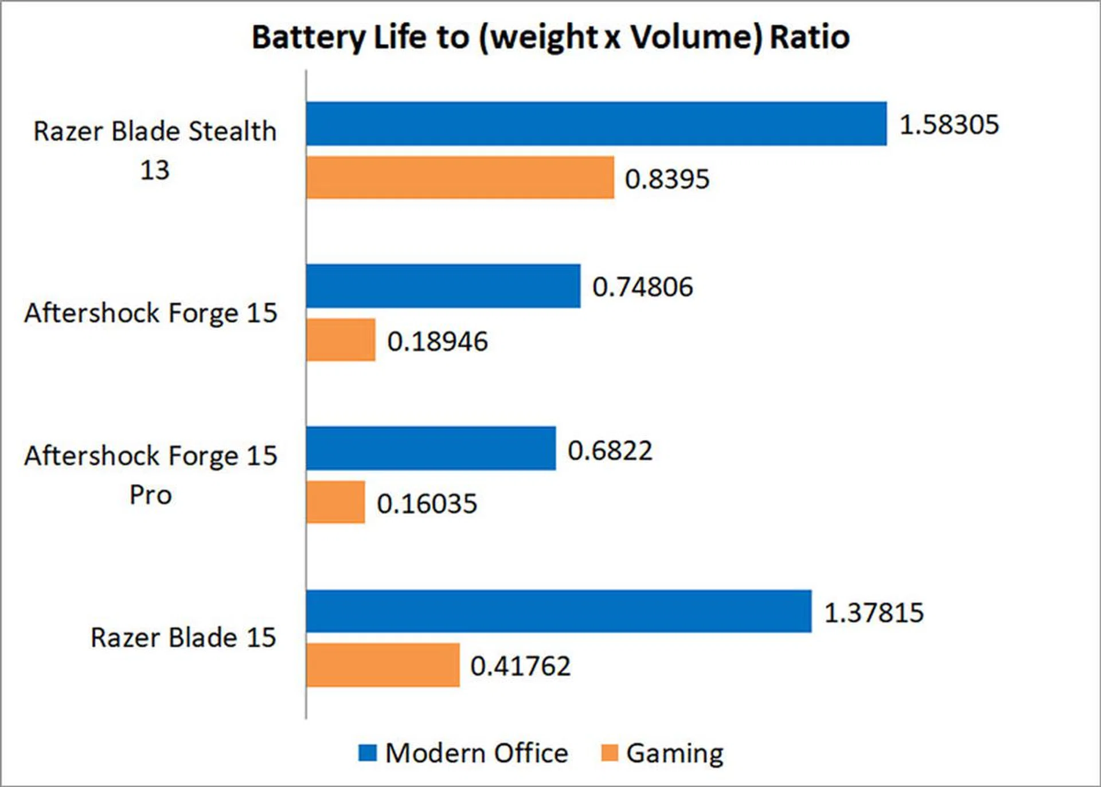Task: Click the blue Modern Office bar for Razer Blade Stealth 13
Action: click(596, 124)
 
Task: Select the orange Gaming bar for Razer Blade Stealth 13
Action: click(460, 178)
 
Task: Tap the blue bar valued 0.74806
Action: click(443, 286)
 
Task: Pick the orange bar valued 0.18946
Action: click(341, 340)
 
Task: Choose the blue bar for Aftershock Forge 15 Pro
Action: click(431, 448)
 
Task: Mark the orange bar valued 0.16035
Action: click(335, 502)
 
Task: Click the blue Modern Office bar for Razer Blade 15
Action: click(559, 611)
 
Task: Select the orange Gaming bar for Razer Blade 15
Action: click(382, 665)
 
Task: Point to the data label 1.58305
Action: click(949, 125)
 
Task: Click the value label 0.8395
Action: click(667, 179)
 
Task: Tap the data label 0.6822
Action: click(610, 451)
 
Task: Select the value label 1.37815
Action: click(874, 613)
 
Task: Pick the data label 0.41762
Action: click(520, 666)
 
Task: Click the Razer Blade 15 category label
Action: click(183, 637)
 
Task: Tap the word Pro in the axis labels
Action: click(150, 495)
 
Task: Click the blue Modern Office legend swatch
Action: click(368, 753)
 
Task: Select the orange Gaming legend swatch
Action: click(609, 753)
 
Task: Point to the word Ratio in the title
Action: click(809, 38)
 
